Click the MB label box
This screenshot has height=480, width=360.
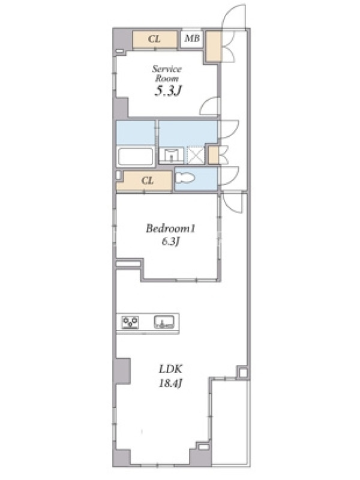[x=192, y=39]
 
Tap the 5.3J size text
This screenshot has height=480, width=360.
[x=169, y=91]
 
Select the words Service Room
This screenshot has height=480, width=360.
[x=167, y=73]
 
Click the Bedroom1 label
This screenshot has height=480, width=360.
[x=170, y=229]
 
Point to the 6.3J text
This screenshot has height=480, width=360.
[x=170, y=242]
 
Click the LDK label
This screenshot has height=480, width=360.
[x=170, y=369]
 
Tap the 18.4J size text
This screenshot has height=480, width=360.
[x=170, y=383]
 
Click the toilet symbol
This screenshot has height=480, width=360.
[x=185, y=178]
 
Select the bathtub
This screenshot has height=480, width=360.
[x=136, y=157]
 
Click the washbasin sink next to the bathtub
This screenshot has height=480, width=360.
[x=172, y=155]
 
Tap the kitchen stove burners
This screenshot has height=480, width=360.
[x=130, y=322]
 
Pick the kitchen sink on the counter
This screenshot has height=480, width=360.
[x=164, y=322]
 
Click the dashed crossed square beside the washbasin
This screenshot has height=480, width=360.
[x=196, y=155]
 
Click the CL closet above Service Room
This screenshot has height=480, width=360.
[x=155, y=39]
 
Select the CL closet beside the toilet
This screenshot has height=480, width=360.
[x=147, y=181]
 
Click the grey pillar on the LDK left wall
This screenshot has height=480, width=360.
[x=123, y=371]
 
